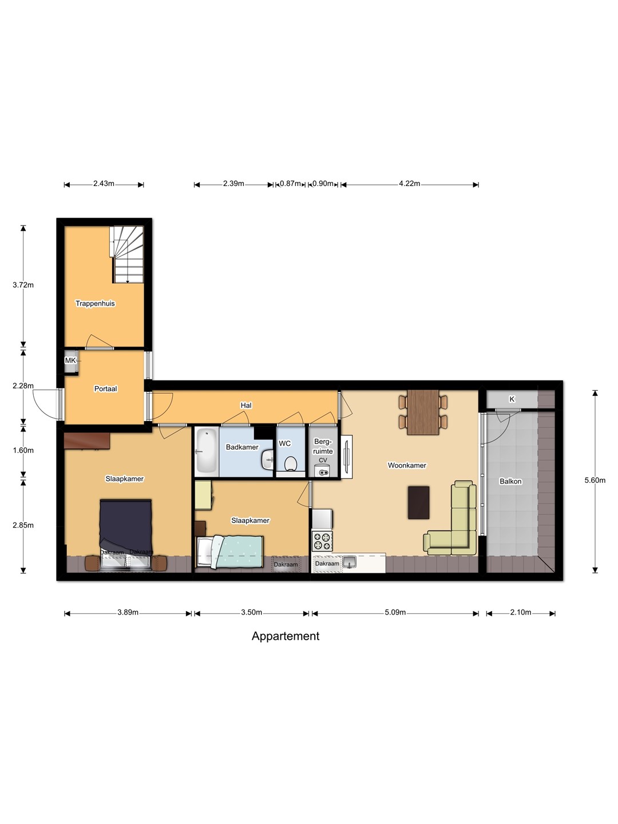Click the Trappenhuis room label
[95, 303]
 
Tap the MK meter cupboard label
[70, 360]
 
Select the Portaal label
[105, 389]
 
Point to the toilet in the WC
[291, 464]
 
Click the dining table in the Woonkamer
[423, 412]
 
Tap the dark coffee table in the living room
[418, 502]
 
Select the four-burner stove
[322, 541]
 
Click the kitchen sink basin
[350, 562]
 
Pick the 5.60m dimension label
[595, 480]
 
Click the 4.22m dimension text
[409, 184]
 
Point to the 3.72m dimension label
[23, 285]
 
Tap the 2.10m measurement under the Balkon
[521, 612]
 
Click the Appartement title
[286, 636]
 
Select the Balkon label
[510, 481]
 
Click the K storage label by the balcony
[512, 399]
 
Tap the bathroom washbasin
[268, 459]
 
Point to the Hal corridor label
[246, 406]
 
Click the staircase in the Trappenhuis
[128, 255]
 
